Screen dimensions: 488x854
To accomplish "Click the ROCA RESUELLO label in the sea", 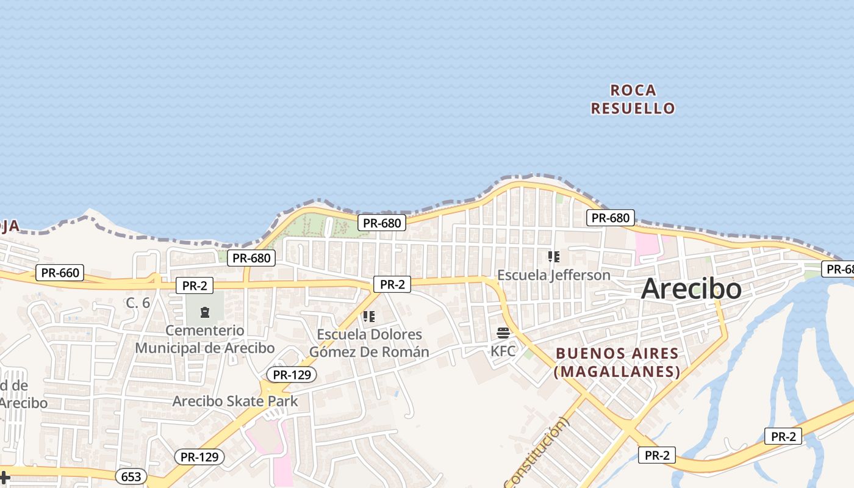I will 633,99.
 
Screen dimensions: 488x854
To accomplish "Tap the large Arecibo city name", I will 691,289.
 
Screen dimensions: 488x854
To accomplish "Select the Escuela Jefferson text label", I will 553,275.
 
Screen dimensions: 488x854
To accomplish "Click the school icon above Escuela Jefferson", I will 553,257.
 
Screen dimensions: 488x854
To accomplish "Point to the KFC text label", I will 503,351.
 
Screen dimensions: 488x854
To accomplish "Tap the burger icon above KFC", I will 503,333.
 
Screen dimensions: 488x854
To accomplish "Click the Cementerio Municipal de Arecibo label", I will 204,339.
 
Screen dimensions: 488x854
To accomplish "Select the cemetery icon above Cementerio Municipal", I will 204,313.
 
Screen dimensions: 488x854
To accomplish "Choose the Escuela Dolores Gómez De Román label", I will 369,343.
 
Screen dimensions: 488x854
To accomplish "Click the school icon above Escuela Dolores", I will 368,317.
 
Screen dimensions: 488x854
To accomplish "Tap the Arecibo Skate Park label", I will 235,401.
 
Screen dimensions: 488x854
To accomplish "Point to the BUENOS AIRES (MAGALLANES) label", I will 617,362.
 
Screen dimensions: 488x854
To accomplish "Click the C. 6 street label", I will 138,303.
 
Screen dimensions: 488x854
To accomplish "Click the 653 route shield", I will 131,476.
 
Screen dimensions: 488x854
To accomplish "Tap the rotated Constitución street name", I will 536,452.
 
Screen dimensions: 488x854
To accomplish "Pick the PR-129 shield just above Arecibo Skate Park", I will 292,375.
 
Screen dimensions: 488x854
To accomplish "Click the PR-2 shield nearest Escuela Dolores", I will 392,284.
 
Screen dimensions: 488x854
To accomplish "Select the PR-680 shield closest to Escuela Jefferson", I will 610,217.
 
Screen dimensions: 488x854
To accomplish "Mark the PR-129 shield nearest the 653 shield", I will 199,456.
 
